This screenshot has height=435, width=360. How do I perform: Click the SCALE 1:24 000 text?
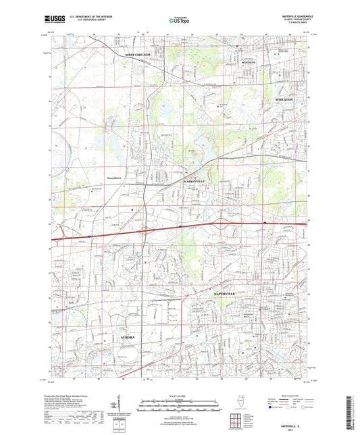(x=179, y=394)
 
